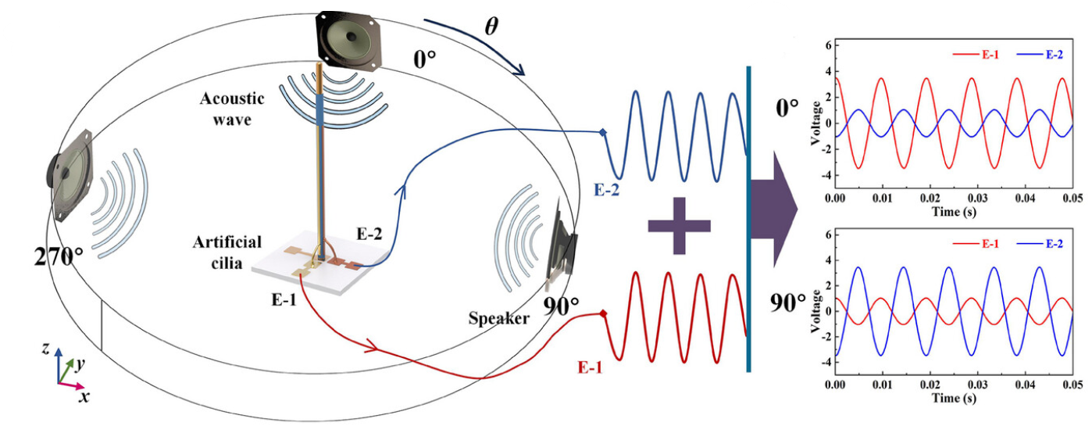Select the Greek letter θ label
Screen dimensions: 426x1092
pos(491,26)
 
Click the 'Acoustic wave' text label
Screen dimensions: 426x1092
pos(233,109)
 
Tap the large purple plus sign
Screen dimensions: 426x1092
pos(679,225)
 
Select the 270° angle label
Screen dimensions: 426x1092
pos(59,256)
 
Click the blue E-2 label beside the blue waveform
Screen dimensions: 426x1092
pos(606,190)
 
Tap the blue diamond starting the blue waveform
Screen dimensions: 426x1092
pos(601,133)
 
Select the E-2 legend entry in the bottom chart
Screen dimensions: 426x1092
pos(1038,245)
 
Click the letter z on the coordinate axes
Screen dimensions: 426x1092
pos(45,349)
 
